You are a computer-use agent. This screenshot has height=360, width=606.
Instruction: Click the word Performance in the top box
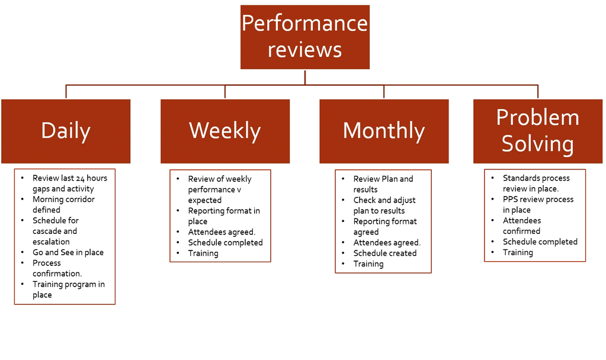(x=304, y=24)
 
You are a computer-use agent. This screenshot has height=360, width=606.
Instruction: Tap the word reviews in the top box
(x=304, y=50)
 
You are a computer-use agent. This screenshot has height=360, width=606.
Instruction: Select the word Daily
(x=66, y=131)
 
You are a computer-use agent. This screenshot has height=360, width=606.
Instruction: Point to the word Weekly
(x=225, y=131)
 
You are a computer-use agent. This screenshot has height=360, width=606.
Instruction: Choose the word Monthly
(x=384, y=131)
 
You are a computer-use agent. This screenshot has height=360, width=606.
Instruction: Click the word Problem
(x=537, y=117)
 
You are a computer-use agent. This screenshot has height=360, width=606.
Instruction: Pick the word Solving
(x=537, y=144)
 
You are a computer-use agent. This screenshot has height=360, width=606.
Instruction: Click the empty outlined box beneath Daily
(x=65, y=237)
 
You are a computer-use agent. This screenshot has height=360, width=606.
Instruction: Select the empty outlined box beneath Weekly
(x=220, y=216)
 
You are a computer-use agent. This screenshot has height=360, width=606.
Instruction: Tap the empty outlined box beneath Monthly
(x=383, y=221)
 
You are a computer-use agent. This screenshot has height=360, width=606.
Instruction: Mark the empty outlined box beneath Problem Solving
(x=535, y=215)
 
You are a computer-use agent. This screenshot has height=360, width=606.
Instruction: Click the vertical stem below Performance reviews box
(x=304, y=78)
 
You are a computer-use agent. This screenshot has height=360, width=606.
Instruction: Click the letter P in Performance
(x=248, y=24)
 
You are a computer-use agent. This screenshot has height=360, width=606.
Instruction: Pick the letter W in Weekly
(x=198, y=130)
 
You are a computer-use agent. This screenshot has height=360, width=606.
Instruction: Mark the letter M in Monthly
(x=352, y=130)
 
